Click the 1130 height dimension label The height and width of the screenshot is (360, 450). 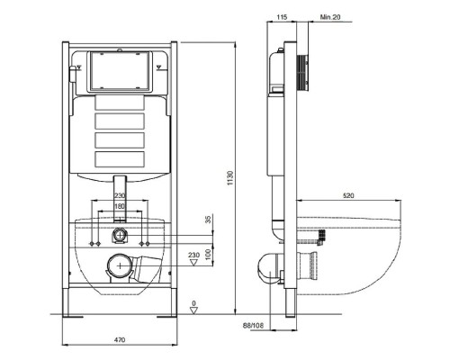[229, 177]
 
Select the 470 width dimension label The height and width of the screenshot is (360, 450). [120, 340]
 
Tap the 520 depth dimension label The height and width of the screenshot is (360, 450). [348, 196]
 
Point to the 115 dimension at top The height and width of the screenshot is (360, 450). [282, 17]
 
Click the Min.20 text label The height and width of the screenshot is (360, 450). [330, 17]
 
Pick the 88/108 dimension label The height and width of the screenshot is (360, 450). [253, 325]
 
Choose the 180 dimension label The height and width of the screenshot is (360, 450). [120, 206]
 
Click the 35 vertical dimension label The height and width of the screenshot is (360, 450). [209, 219]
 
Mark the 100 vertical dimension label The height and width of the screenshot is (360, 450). [209, 254]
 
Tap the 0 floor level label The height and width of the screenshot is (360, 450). [193, 303]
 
